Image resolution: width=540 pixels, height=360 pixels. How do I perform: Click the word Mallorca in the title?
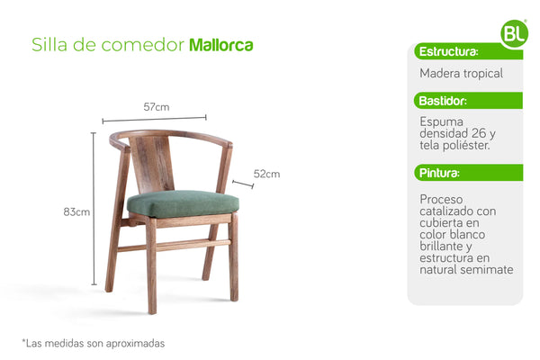click(x=220, y=45)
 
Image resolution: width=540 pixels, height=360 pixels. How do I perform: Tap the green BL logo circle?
click(x=514, y=33)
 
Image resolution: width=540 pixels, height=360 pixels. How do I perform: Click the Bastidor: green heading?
click(x=444, y=101)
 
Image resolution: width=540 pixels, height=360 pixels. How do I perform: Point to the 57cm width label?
click(x=156, y=107)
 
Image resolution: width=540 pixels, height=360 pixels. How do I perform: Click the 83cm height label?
click(x=76, y=212)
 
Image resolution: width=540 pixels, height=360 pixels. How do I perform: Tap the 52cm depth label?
click(x=266, y=174)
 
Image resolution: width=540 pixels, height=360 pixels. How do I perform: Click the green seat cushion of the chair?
click(x=184, y=202)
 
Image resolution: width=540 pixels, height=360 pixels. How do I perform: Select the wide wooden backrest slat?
click(x=153, y=163)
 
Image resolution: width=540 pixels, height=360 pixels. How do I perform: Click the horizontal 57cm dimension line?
click(x=154, y=118)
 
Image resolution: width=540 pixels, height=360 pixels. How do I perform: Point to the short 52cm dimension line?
click(x=242, y=184)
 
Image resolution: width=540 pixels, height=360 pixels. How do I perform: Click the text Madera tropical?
click(x=461, y=73)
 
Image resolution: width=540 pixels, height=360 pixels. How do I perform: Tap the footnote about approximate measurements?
click(x=93, y=343)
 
